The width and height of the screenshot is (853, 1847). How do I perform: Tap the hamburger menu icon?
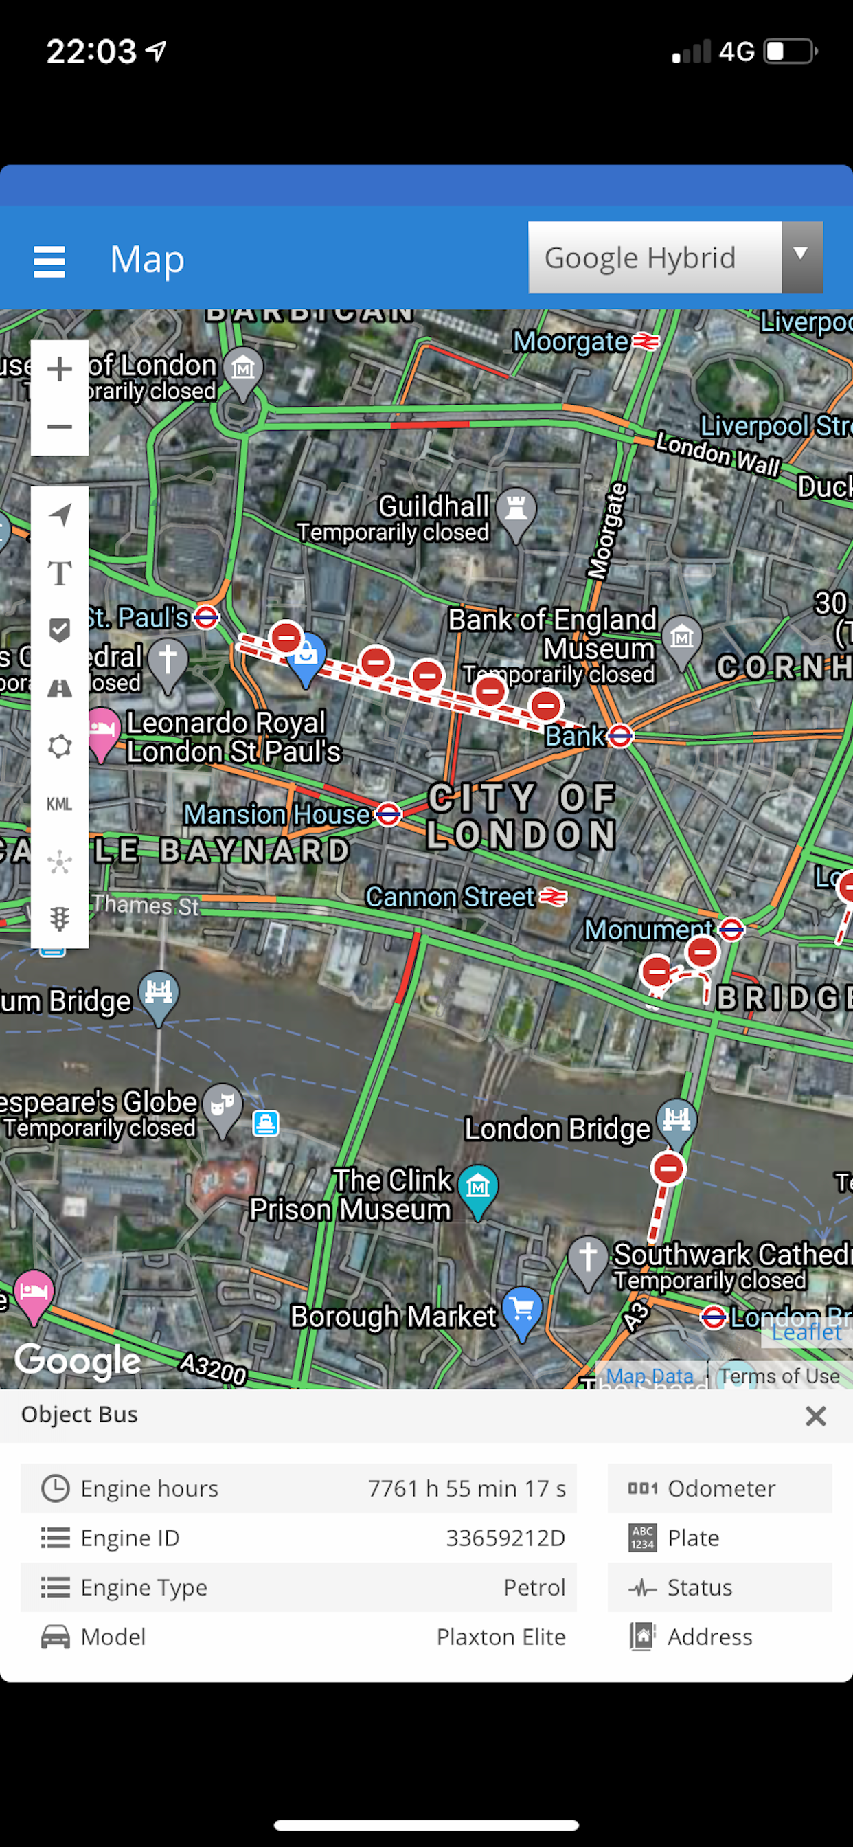[49, 261]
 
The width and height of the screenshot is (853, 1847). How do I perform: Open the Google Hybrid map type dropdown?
[674, 258]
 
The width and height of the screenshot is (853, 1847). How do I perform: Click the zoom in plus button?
[60, 369]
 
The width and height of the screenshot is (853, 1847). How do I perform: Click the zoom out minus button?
[60, 427]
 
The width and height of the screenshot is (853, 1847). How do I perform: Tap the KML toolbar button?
[60, 804]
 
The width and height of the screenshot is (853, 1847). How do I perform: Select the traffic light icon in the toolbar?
[60, 919]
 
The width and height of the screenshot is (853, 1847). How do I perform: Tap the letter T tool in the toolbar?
[60, 573]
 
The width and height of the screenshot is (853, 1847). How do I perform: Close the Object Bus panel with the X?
[815, 1415]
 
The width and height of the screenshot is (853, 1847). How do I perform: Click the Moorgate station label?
[571, 342]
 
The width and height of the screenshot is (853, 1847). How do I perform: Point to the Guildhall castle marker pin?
[516, 511]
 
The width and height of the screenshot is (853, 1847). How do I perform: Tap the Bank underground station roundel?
[620, 735]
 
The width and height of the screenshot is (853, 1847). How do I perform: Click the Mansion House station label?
[277, 814]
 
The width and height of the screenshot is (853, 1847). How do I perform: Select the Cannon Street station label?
[450, 896]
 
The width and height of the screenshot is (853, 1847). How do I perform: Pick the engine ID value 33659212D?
[505, 1537]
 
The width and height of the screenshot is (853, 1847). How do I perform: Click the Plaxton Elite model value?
[501, 1636]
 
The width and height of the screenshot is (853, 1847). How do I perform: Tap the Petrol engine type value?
[534, 1587]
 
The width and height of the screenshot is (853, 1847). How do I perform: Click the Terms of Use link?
[779, 1375]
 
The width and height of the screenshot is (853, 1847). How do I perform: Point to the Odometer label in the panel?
[721, 1488]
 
